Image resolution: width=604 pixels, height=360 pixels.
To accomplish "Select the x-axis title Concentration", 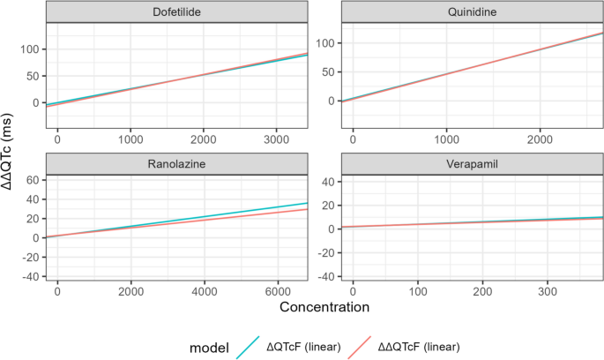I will (324, 306).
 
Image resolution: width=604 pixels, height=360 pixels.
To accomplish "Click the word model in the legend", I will (209, 347).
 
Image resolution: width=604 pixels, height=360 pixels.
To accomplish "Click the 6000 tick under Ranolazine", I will (277, 291).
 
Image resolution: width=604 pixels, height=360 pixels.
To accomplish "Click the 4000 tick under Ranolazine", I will (204, 291).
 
